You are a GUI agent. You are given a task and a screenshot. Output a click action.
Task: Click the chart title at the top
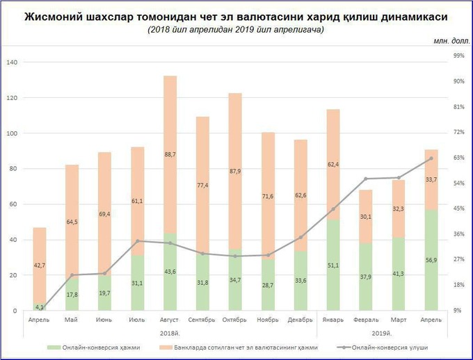[236, 15]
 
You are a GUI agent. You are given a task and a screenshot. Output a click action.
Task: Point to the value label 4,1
[40, 306]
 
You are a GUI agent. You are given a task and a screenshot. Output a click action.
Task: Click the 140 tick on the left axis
[11, 63]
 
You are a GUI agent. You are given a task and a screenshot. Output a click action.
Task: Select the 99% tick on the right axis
[458, 55]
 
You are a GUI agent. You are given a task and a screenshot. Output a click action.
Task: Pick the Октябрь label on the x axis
[235, 319]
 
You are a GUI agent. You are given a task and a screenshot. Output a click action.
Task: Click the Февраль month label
[366, 319]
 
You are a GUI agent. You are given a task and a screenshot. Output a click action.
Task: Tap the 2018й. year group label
[170, 333]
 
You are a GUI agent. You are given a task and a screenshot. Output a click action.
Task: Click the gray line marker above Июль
[138, 241]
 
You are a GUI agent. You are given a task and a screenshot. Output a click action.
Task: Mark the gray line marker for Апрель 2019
[431, 158]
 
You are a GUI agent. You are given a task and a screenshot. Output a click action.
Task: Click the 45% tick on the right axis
[458, 208]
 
